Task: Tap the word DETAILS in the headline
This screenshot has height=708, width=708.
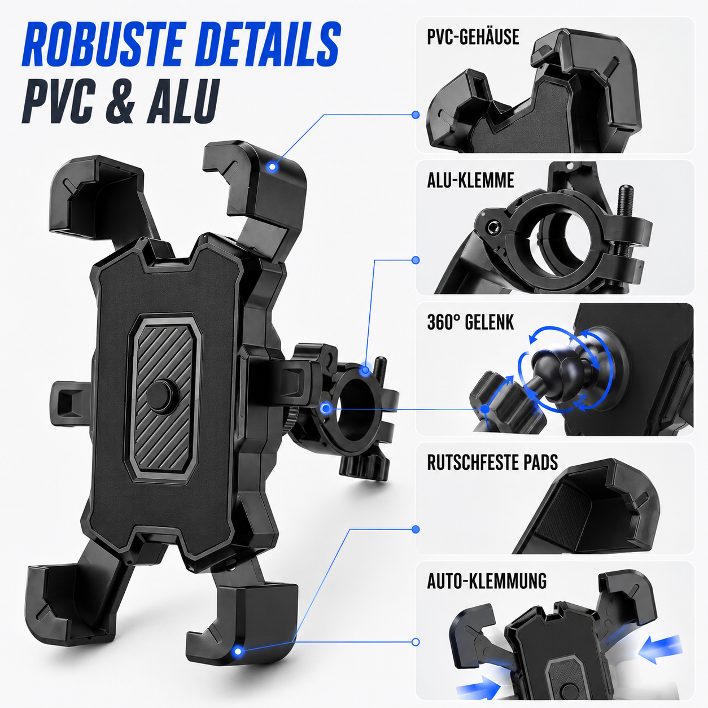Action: click(267, 45)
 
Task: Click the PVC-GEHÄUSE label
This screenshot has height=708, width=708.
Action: click(473, 37)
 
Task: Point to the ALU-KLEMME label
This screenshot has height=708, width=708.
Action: click(471, 180)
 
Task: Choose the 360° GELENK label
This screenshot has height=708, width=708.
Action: click(471, 322)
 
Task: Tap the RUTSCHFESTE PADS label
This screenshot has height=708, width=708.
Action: click(492, 462)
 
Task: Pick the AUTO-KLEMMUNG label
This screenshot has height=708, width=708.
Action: click(487, 581)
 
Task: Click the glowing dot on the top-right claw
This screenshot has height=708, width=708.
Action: click(272, 167)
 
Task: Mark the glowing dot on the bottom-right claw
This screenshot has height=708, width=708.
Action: click(238, 652)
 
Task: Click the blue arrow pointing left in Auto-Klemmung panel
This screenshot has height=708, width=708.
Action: click(660, 650)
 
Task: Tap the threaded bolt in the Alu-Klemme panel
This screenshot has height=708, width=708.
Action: click(626, 219)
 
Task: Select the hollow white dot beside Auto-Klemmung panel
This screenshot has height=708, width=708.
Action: click(416, 642)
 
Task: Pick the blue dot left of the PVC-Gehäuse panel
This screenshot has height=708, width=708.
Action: click(416, 115)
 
